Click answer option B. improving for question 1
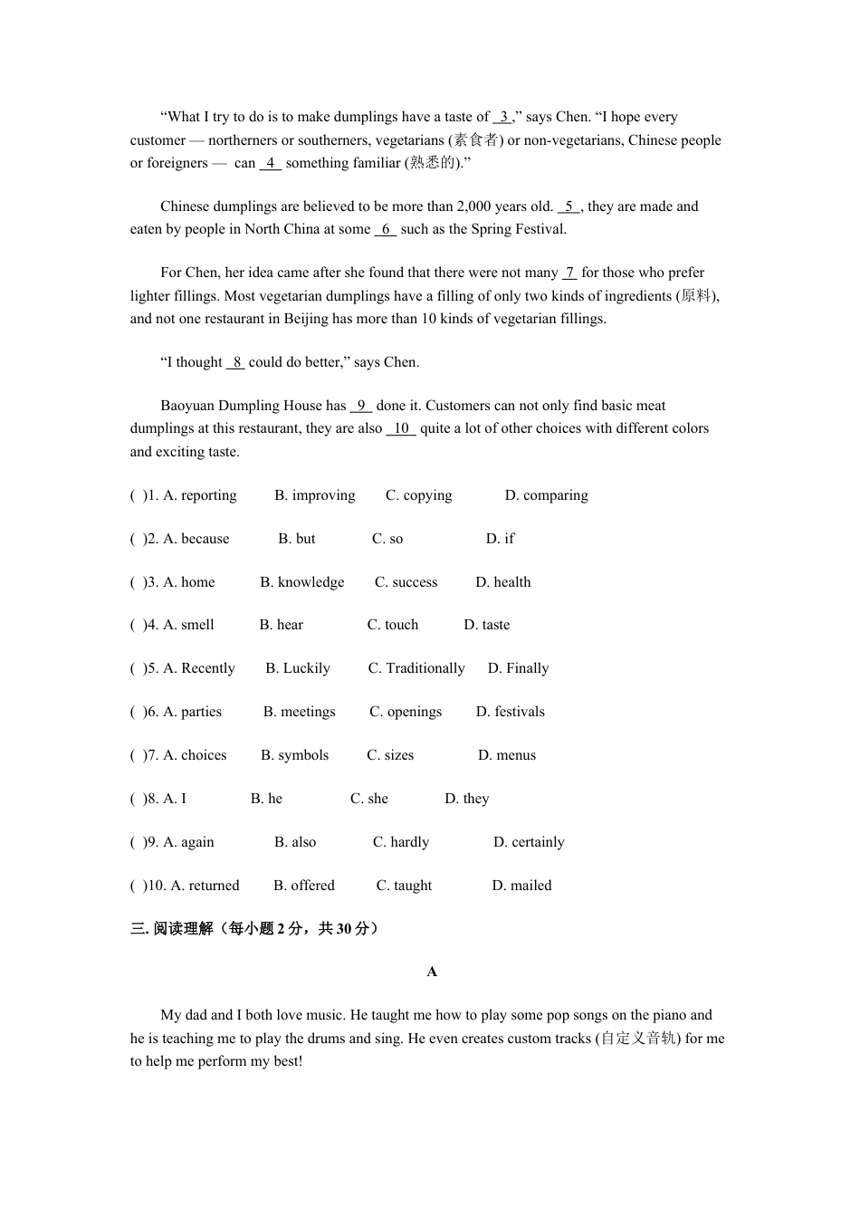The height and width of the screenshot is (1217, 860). [314, 495]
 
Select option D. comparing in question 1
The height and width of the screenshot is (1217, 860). [546, 495]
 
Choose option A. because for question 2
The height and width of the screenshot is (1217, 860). [196, 539]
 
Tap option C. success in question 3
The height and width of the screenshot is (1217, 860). [406, 582]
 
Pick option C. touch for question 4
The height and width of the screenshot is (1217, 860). [393, 625]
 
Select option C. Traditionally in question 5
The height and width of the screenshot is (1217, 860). [416, 668]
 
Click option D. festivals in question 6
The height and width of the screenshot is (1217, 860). [511, 712]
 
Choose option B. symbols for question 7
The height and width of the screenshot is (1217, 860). [294, 755]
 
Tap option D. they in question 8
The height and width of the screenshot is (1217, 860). [466, 799]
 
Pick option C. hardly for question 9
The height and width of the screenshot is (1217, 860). [400, 842]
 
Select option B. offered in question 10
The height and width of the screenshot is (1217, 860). [303, 886]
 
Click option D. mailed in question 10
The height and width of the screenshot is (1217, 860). [521, 886]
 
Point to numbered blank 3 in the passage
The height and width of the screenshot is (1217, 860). [503, 117]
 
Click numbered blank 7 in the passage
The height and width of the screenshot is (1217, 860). [569, 273]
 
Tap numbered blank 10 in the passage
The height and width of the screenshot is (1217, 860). [401, 428]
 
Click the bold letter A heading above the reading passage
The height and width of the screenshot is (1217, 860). [432, 972]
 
